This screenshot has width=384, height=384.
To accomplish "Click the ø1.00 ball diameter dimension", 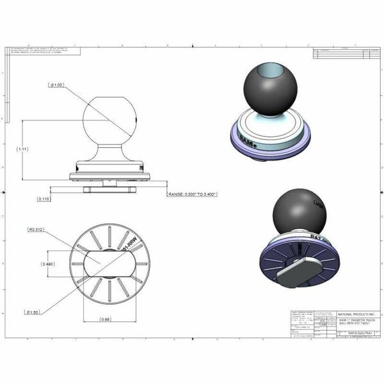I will click(58, 84).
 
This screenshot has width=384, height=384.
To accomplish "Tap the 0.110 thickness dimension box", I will click(44, 199).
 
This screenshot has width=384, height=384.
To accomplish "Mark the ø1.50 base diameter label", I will click(34, 312).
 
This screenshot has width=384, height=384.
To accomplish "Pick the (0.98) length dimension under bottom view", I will click(108, 319).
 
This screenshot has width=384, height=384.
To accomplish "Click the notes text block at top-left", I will click(45, 51).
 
